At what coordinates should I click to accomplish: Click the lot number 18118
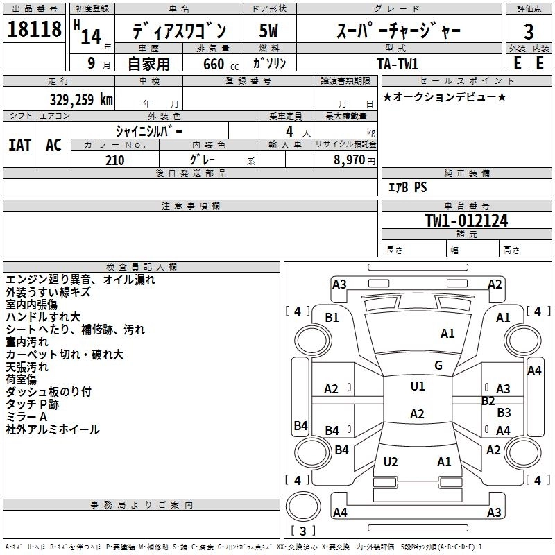coord(34,29)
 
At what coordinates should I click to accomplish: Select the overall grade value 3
coord(529,31)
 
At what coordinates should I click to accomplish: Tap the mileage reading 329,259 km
coord(81,100)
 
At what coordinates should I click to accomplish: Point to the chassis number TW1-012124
coord(466,221)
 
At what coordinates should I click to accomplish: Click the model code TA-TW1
coord(398,64)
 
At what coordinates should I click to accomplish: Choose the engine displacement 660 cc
coord(221,64)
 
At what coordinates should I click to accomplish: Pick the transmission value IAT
coord(20,145)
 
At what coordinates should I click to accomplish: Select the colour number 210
coord(115,160)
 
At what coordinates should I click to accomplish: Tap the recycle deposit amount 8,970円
coord(355,160)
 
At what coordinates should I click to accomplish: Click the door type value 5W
coord(268,31)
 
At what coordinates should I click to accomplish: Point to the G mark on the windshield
coord(438,366)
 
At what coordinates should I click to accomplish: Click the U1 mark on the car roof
coord(418,386)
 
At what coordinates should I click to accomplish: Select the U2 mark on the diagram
coord(391,461)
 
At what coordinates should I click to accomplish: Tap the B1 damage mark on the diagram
coord(332,318)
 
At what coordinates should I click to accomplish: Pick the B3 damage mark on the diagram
coord(504,412)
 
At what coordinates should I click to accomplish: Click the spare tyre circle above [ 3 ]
coord(303,506)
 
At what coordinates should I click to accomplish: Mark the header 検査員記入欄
coord(142,267)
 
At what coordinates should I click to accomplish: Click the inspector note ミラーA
coord(26,417)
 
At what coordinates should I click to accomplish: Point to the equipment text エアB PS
coord(407,187)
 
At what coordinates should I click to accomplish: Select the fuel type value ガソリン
coord(269,63)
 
